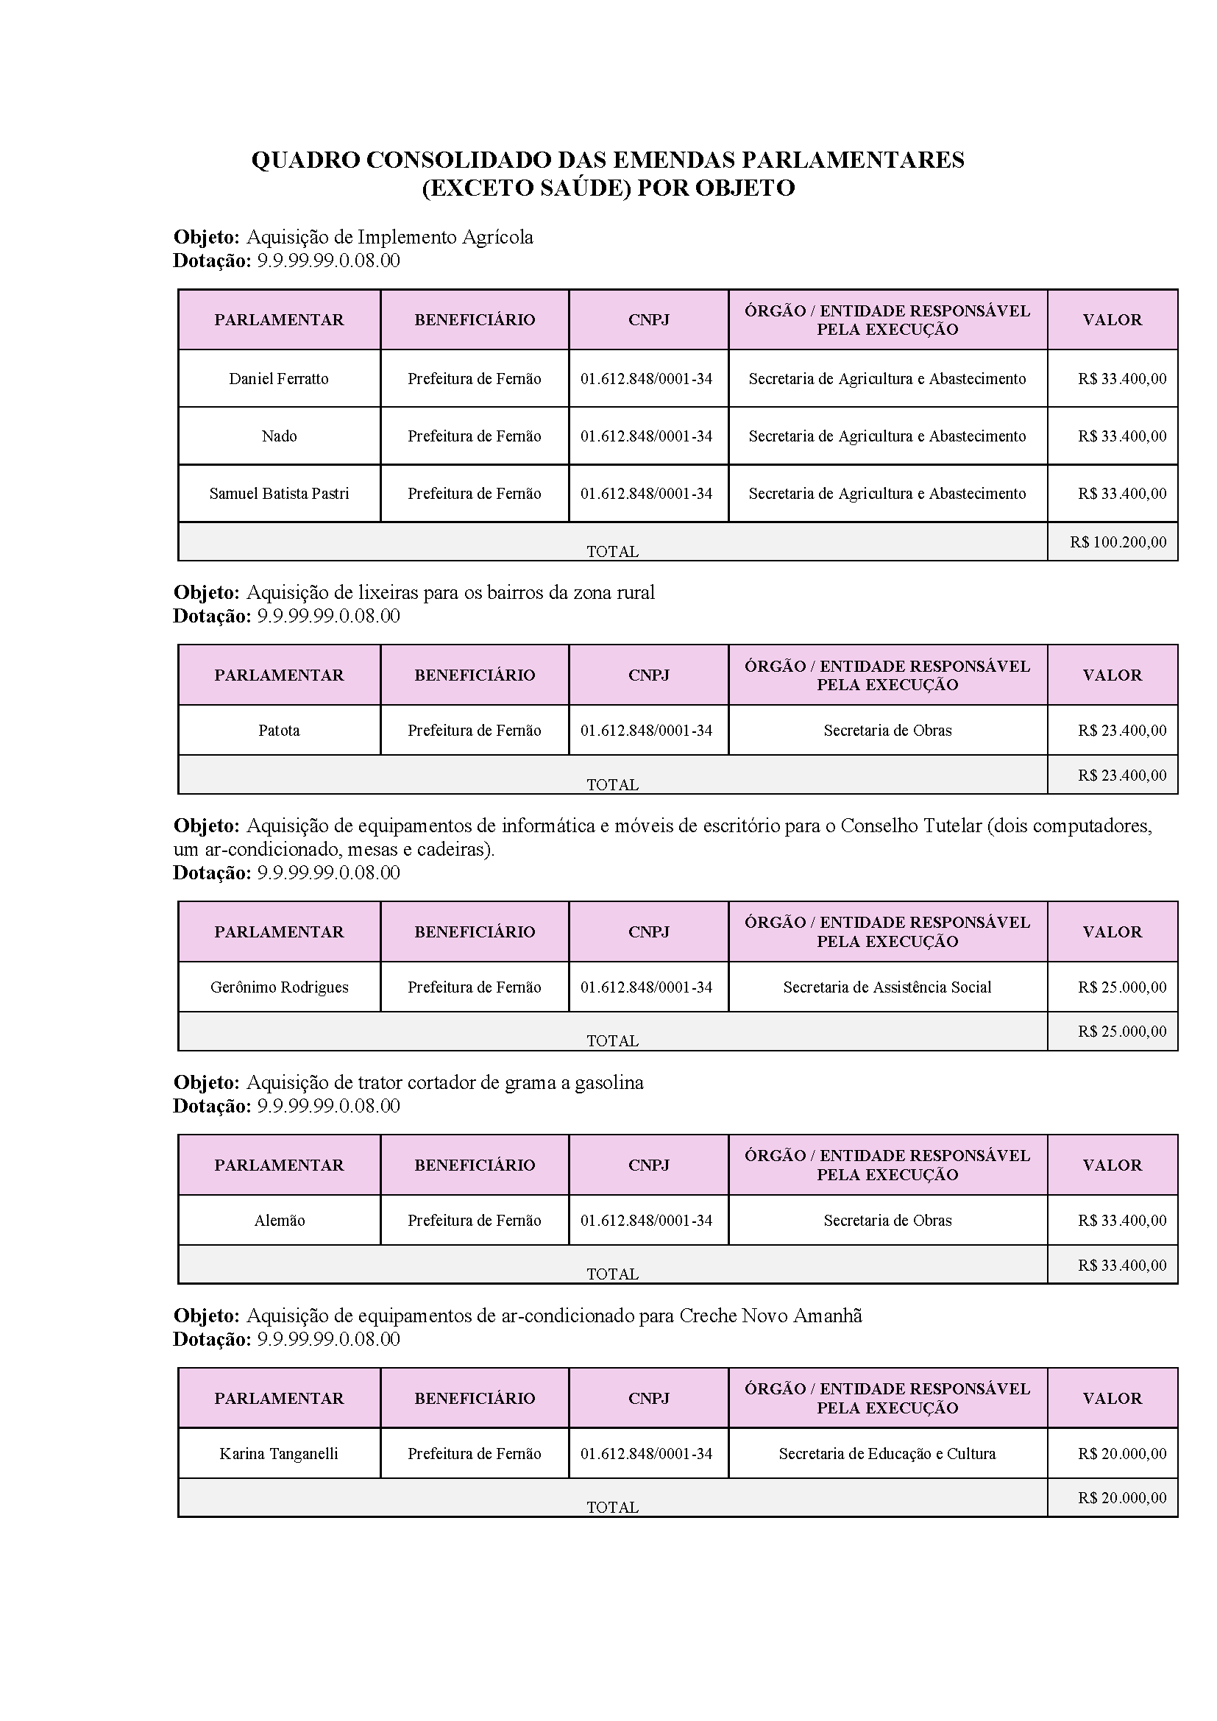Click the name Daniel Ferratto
pos(279,378)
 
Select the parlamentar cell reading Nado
pos(279,436)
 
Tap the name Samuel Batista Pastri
pos(279,494)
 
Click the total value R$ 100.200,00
pos(1118,542)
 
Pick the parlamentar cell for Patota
pos(279,730)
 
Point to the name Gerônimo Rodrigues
pos(279,987)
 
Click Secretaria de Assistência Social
pos(887,987)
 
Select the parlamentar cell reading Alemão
pos(279,1220)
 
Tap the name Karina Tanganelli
pos(279,1453)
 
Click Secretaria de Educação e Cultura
pos(887,1453)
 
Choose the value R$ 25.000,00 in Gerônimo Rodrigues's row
pos(1122,987)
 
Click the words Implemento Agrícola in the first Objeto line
pos(445,238)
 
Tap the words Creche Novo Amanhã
pos(770,1316)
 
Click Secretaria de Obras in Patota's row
pos(887,730)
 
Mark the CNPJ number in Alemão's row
pos(646,1220)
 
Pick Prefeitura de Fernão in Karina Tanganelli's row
pos(475,1453)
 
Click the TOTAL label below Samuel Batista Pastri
pos(612,552)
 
